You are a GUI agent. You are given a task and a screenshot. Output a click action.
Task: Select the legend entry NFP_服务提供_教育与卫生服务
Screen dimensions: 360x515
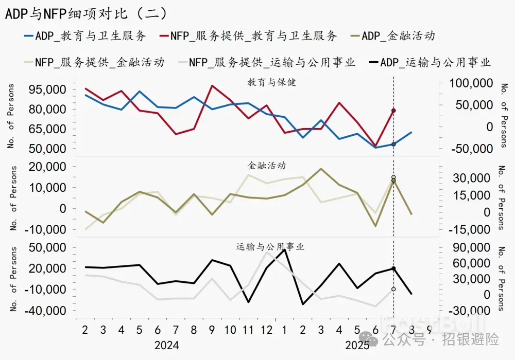(x=248, y=35)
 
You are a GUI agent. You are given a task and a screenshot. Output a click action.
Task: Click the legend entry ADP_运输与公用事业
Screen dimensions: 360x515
(x=430, y=63)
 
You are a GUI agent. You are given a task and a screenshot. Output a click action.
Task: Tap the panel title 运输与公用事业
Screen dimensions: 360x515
(x=270, y=246)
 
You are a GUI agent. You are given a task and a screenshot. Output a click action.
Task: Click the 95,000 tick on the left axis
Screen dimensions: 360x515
(x=47, y=89)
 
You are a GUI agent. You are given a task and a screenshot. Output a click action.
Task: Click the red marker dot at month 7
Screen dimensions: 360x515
(x=393, y=111)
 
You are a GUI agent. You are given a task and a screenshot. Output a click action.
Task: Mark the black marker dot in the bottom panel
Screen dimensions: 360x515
(x=393, y=268)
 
